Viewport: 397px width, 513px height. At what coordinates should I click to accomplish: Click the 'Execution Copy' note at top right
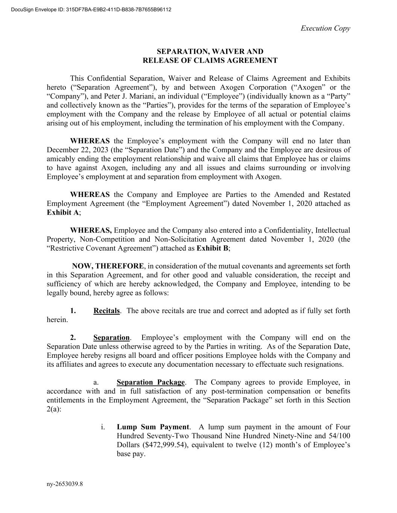coord(325,28)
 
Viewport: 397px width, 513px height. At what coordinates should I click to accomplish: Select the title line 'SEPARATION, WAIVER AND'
coord(210,51)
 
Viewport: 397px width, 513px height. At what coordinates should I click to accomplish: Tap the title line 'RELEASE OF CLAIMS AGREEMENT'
coord(210,61)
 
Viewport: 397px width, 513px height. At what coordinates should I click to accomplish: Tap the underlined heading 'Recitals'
coord(106,311)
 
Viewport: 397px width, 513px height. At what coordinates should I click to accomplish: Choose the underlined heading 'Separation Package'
coord(151,382)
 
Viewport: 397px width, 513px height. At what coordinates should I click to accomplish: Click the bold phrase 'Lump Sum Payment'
coord(153,427)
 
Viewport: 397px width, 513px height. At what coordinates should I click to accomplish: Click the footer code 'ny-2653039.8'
coord(65,484)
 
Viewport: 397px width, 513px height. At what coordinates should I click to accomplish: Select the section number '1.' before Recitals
coord(73,311)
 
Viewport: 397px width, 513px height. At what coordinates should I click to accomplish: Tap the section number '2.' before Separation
coord(73,337)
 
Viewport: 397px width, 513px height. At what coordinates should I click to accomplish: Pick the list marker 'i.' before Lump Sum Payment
coord(103,427)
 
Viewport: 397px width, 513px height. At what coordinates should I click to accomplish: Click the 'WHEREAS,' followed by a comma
coord(91,230)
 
